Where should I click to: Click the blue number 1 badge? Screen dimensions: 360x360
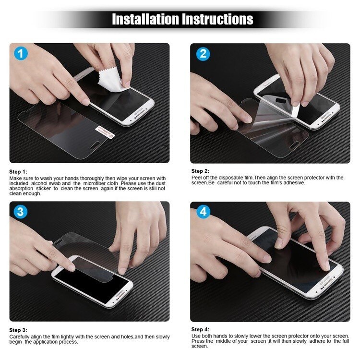click(x=20, y=53)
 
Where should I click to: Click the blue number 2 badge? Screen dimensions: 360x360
click(x=203, y=53)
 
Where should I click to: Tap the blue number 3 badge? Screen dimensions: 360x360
click(x=20, y=212)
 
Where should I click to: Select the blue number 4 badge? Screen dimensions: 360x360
click(x=203, y=212)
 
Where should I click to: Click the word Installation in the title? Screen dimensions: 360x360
click(x=145, y=19)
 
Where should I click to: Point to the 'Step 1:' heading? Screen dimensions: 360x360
click(x=18, y=171)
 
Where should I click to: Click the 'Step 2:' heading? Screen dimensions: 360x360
click(x=200, y=171)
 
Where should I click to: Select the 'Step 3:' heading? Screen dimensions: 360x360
click(x=18, y=330)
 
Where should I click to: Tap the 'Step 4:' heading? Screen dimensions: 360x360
click(x=200, y=329)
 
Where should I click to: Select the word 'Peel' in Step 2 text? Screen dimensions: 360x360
click(x=196, y=178)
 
